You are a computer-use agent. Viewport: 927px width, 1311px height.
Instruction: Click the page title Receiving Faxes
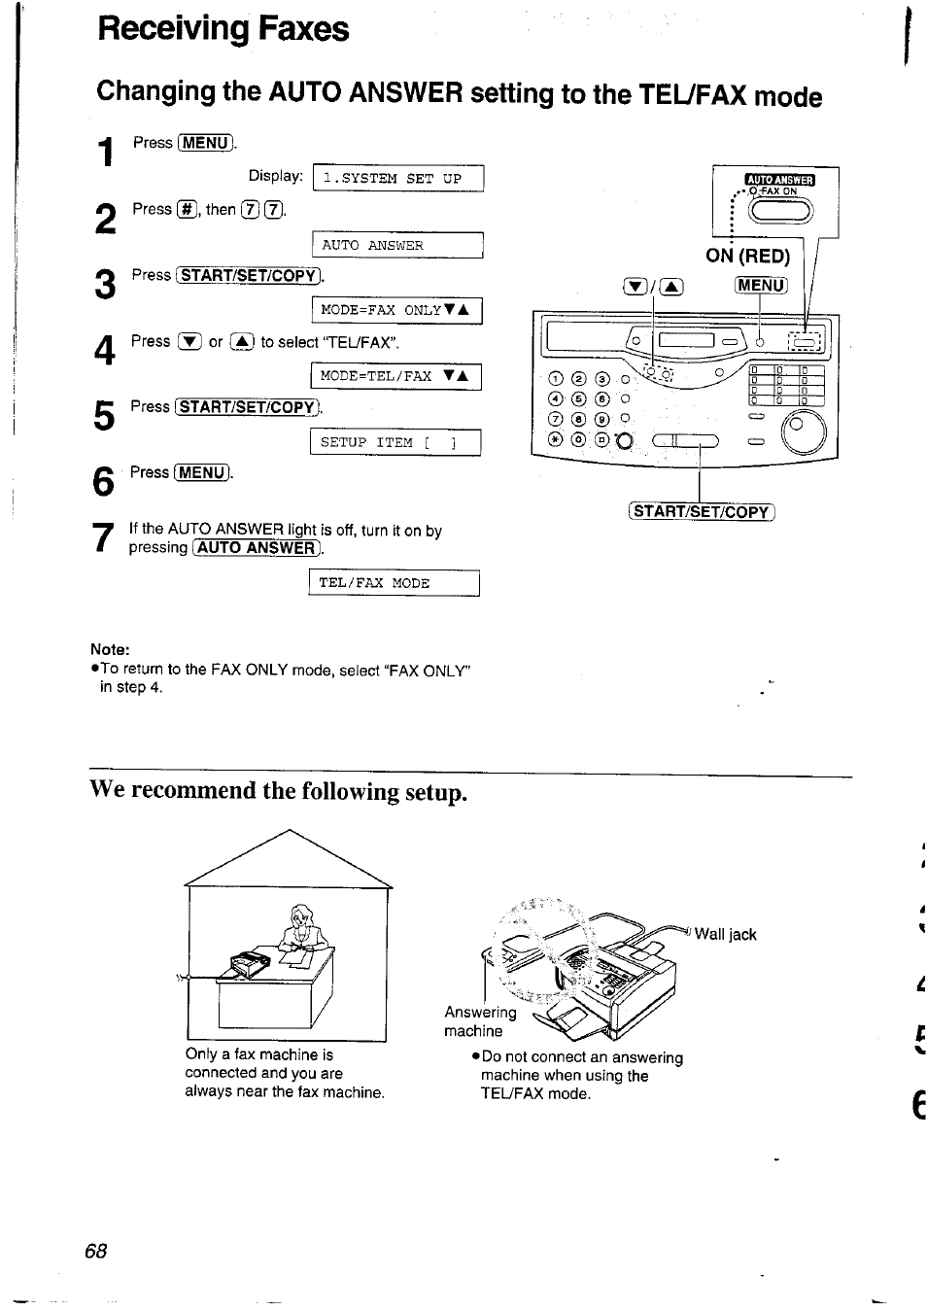223,28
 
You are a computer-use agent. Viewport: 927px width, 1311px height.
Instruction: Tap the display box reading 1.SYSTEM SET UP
397,179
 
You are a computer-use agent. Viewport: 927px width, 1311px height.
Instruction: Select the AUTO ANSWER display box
397,246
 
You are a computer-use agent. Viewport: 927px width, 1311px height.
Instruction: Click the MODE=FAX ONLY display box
396,310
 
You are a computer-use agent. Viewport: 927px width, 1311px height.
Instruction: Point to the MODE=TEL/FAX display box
396,376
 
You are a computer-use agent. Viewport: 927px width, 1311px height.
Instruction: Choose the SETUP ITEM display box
395,442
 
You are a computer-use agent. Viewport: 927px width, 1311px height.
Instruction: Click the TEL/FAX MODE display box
394,583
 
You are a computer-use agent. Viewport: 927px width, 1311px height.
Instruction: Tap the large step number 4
105,350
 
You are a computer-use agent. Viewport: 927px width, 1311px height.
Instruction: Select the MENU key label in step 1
205,143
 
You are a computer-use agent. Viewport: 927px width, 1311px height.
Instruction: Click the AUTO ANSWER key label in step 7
257,548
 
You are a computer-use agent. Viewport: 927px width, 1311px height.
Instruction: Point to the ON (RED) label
747,257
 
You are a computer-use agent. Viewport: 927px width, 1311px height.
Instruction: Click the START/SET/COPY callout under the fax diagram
701,512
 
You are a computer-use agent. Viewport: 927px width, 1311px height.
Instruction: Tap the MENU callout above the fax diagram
761,285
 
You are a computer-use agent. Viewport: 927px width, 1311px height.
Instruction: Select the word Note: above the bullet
110,649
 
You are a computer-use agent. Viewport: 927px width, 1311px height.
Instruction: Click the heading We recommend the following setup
278,792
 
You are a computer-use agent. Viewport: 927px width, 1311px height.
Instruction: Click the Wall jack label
725,935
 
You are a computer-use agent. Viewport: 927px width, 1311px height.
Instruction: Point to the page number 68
95,1251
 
